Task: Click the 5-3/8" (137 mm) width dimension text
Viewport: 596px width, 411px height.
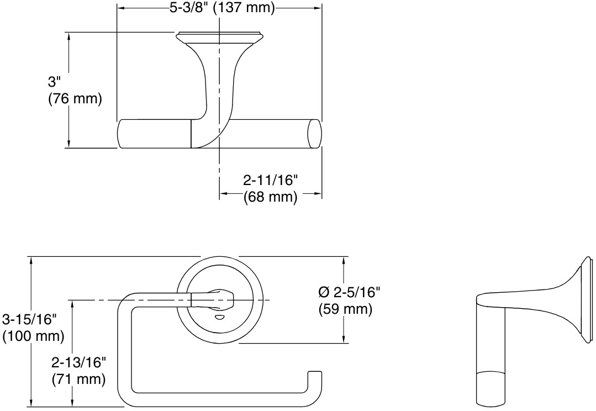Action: click(222, 8)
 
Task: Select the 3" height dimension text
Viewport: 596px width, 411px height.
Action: click(54, 82)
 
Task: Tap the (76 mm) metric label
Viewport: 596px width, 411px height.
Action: click(75, 99)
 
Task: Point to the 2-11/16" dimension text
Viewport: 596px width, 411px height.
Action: click(271, 180)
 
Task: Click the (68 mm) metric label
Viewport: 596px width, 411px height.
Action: click(271, 197)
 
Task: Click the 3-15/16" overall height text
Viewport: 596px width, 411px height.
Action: click(30, 319)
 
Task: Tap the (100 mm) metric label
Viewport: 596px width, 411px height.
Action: click(33, 336)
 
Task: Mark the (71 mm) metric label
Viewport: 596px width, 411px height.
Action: click(78, 380)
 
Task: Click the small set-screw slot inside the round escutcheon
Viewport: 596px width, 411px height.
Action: click(219, 317)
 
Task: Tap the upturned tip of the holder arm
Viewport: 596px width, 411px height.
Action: click(314, 375)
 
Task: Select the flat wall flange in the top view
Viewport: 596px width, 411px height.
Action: click(219, 36)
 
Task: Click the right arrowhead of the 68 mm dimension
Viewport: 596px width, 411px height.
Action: click(319, 194)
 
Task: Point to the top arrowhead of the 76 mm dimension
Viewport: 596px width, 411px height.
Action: click(68, 35)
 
